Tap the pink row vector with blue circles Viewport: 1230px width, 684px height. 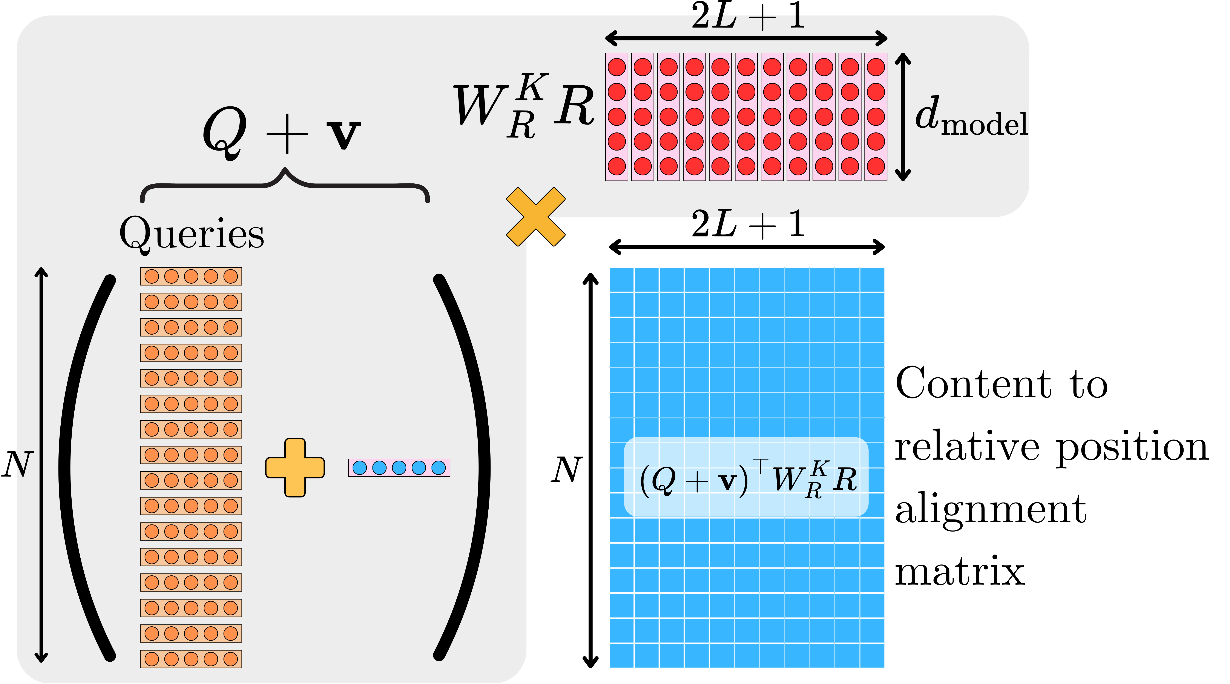tap(399, 468)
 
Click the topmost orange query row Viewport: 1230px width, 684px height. tap(191, 276)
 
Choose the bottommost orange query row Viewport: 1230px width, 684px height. tap(191, 659)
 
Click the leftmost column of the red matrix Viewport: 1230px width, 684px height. tap(617, 117)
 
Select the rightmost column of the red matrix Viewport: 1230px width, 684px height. tap(876, 117)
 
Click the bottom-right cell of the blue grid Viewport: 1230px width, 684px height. tap(872, 655)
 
